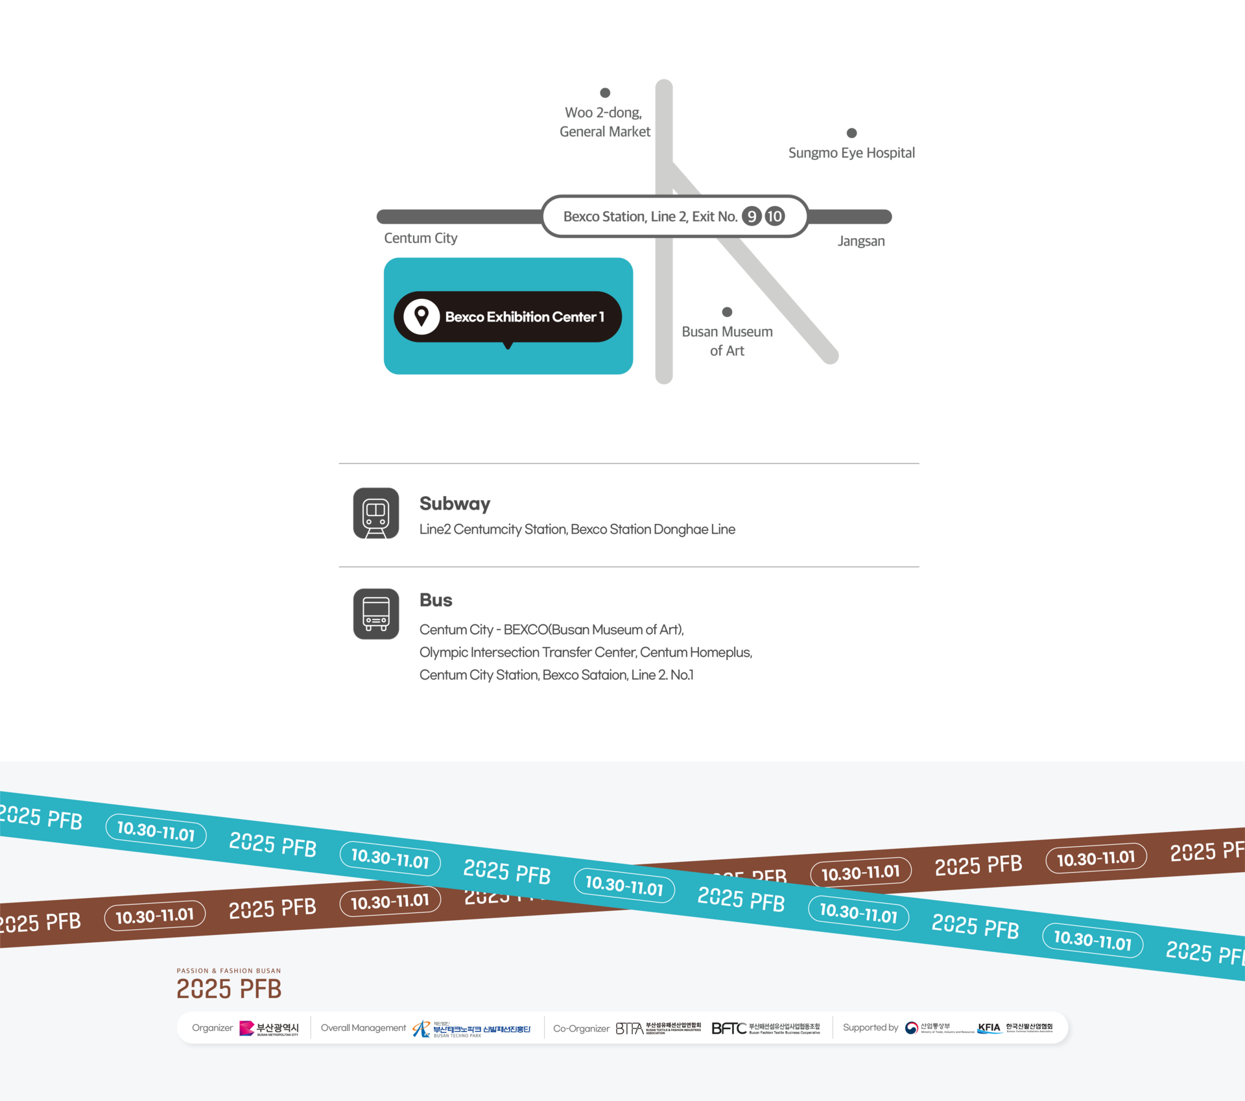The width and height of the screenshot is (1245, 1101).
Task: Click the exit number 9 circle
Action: click(x=752, y=216)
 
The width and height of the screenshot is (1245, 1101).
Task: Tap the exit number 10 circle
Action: click(x=774, y=216)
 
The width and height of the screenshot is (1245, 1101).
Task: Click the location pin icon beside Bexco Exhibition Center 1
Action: click(x=421, y=316)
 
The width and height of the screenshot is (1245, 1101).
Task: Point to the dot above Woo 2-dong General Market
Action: click(x=605, y=93)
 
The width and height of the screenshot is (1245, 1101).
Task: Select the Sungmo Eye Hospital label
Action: click(x=851, y=153)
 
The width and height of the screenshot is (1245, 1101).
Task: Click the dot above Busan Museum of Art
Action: click(x=727, y=312)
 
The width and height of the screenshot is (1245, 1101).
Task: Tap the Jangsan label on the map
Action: click(x=860, y=241)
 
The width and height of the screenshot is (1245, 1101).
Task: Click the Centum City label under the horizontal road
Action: click(x=421, y=238)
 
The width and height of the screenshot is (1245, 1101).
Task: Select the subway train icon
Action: click(x=376, y=513)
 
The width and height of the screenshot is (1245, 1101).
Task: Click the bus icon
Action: click(x=376, y=613)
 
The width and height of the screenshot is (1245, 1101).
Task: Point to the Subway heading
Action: click(x=455, y=503)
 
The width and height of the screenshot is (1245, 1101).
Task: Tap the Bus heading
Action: click(x=436, y=600)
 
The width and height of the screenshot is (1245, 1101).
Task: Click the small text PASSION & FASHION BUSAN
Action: click(x=229, y=971)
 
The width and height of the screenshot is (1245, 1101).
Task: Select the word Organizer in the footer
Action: click(x=212, y=1028)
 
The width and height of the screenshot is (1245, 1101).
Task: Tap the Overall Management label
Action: click(x=363, y=1028)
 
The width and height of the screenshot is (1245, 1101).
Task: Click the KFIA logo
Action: click(x=989, y=1028)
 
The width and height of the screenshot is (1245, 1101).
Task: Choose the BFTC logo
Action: click(x=728, y=1028)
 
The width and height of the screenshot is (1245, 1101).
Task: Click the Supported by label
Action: click(x=870, y=1028)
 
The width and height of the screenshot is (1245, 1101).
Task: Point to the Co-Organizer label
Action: click(x=581, y=1028)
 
